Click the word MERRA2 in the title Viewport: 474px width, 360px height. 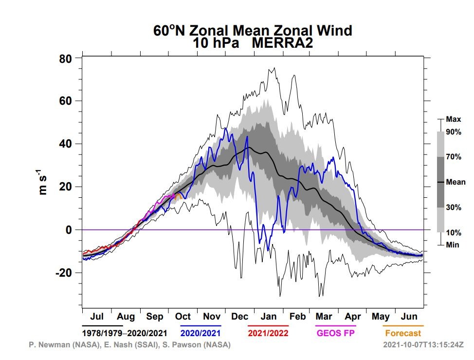[x=282, y=43]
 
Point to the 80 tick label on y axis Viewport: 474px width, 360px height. [x=66, y=58]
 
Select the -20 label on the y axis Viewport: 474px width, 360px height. [x=64, y=273]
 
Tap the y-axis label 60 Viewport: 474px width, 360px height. [x=66, y=101]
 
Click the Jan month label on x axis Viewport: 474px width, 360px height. [x=269, y=317]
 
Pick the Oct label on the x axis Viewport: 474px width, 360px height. [x=183, y=317]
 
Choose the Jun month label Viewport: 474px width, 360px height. [x=409, y=317]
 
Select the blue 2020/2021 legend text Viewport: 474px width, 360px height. [x=201, y=333]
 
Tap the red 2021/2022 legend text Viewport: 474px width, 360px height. [x=268, y=333]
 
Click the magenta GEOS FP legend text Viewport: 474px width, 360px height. [x=336, y=333]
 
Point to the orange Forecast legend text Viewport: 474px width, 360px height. [x=403, y=333]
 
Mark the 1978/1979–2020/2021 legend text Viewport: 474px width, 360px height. [x=125, y=333]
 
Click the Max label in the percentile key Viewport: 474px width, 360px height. [x=454, y=119]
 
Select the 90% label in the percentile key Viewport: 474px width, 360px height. [x=454, y=132]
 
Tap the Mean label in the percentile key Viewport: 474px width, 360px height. [x=456, y=182]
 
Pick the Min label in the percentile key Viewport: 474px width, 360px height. [x=453, y=245]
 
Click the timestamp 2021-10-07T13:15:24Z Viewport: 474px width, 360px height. [x=423, y=344]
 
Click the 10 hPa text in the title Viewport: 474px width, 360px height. [x=216, y=43]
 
